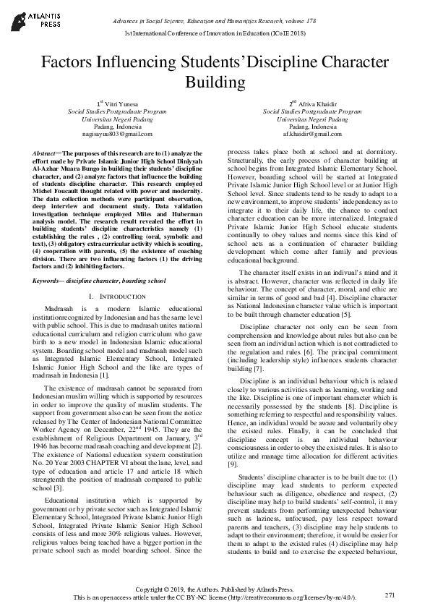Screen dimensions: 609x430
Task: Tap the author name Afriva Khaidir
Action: [x=314, y=104]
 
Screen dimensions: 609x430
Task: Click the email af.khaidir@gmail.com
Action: [x=311, y=135]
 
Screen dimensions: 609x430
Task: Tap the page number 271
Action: [x=390, y=595]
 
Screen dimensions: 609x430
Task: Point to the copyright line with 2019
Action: [x=215, y=590]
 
